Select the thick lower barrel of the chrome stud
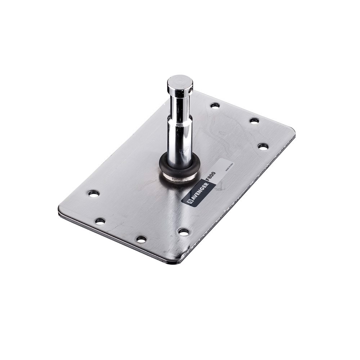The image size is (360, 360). point(180,140)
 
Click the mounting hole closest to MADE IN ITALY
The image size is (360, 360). point(263,147)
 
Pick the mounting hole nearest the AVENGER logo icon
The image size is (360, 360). point(184,232)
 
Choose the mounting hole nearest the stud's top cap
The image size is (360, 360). point(215,105)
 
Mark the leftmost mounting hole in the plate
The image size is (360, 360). point(94,193)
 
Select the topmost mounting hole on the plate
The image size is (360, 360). point(215,105)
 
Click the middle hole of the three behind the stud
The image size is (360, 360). point(255,121)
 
